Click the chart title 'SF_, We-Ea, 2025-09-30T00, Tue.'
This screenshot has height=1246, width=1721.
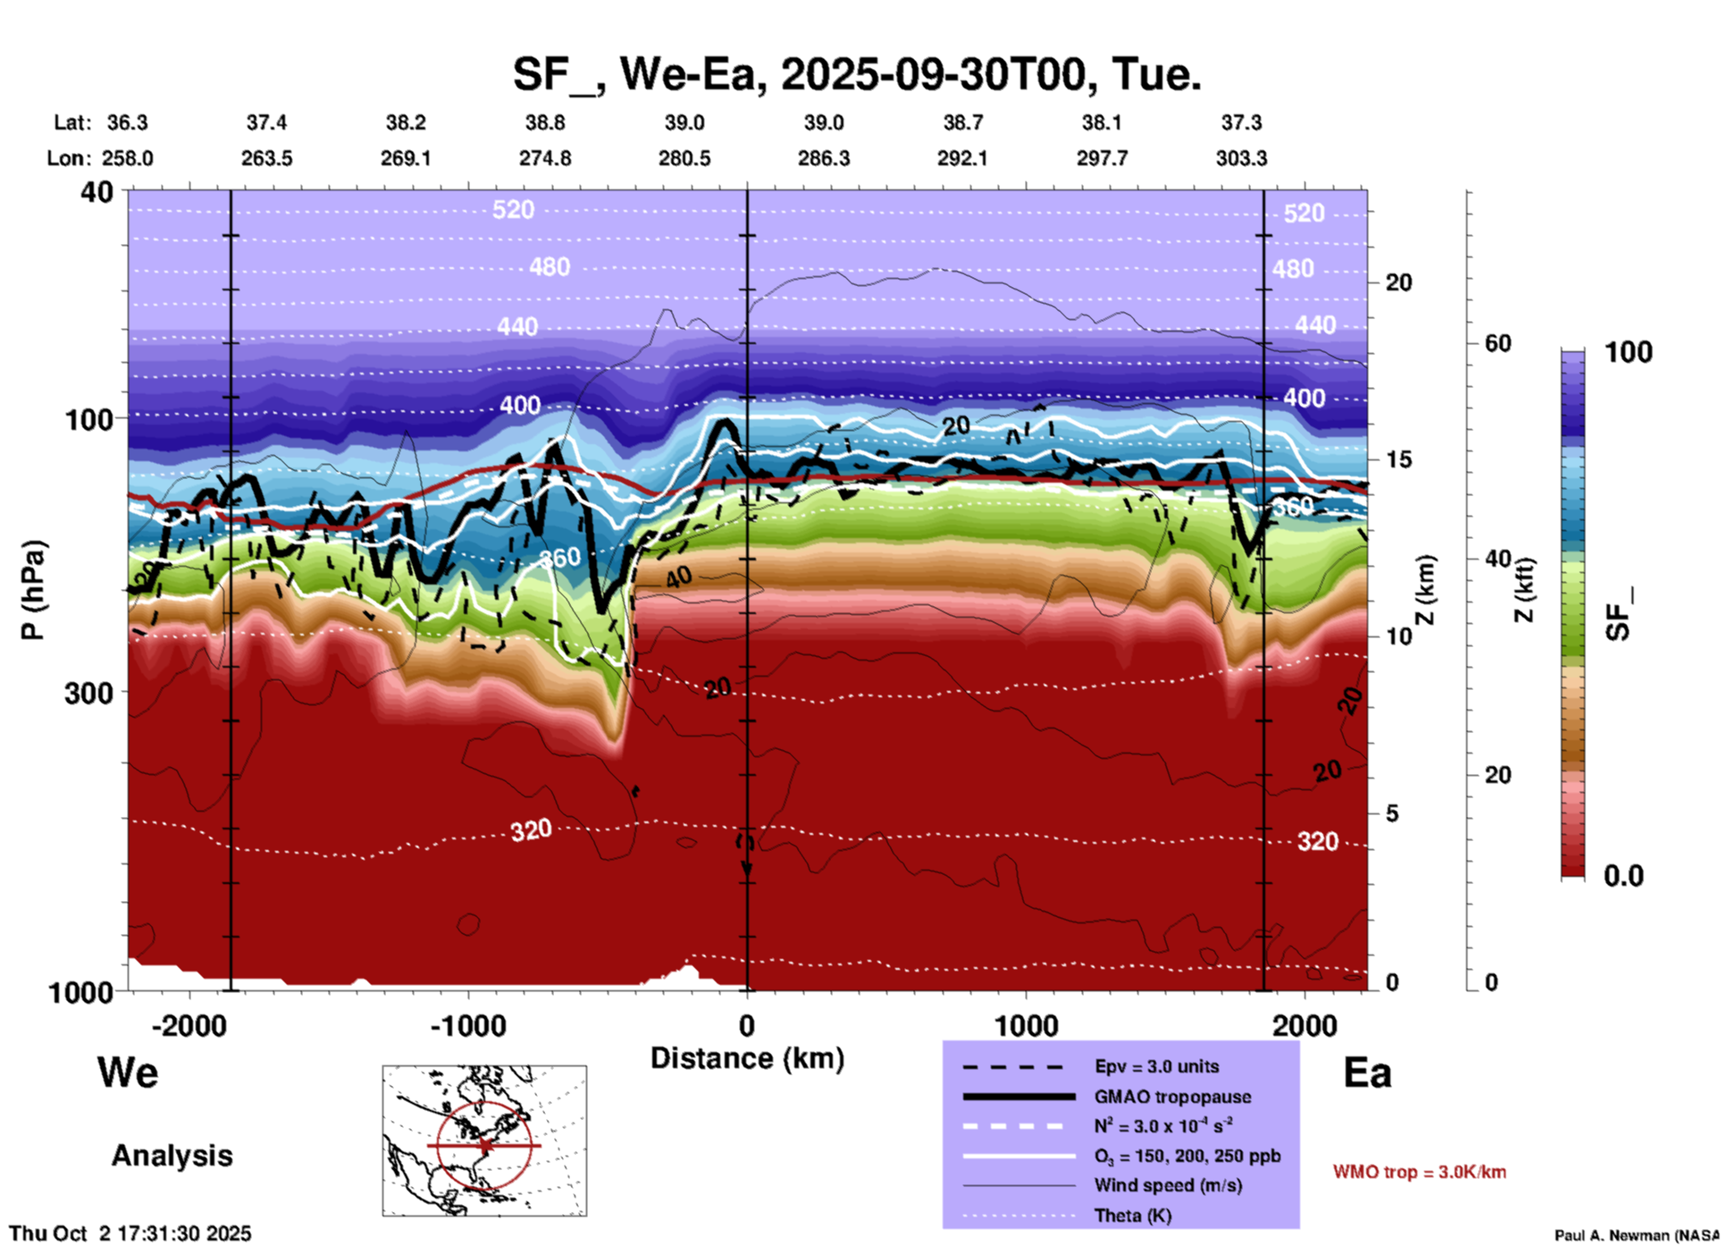[x=856, y=73]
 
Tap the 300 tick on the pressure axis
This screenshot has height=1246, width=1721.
[x=88, y=693]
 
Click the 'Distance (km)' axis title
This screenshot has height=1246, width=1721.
[x=747, y=1058]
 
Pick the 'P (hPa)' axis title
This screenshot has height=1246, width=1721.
[x=33, y=590]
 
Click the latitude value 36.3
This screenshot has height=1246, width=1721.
[x=127, y=122]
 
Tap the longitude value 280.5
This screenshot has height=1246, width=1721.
[x=684, y=158]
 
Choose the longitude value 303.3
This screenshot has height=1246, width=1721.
[x=1241, y=158]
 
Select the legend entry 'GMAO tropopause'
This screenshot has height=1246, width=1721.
[x=1172, y=1097]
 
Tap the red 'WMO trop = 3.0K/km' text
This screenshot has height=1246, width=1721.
[x=1419, y=1172]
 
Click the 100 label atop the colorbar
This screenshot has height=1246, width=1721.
[x=1628, y=352]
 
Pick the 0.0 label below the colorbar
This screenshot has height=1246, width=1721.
[x=1624, y=876]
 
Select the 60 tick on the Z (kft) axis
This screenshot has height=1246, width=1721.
[x=1499, y=344]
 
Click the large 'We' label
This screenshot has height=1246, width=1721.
[x=128, y=1072]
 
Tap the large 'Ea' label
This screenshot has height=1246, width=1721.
[x=1367, y=1073]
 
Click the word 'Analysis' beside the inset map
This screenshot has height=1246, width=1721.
[x=172, y=1156]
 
